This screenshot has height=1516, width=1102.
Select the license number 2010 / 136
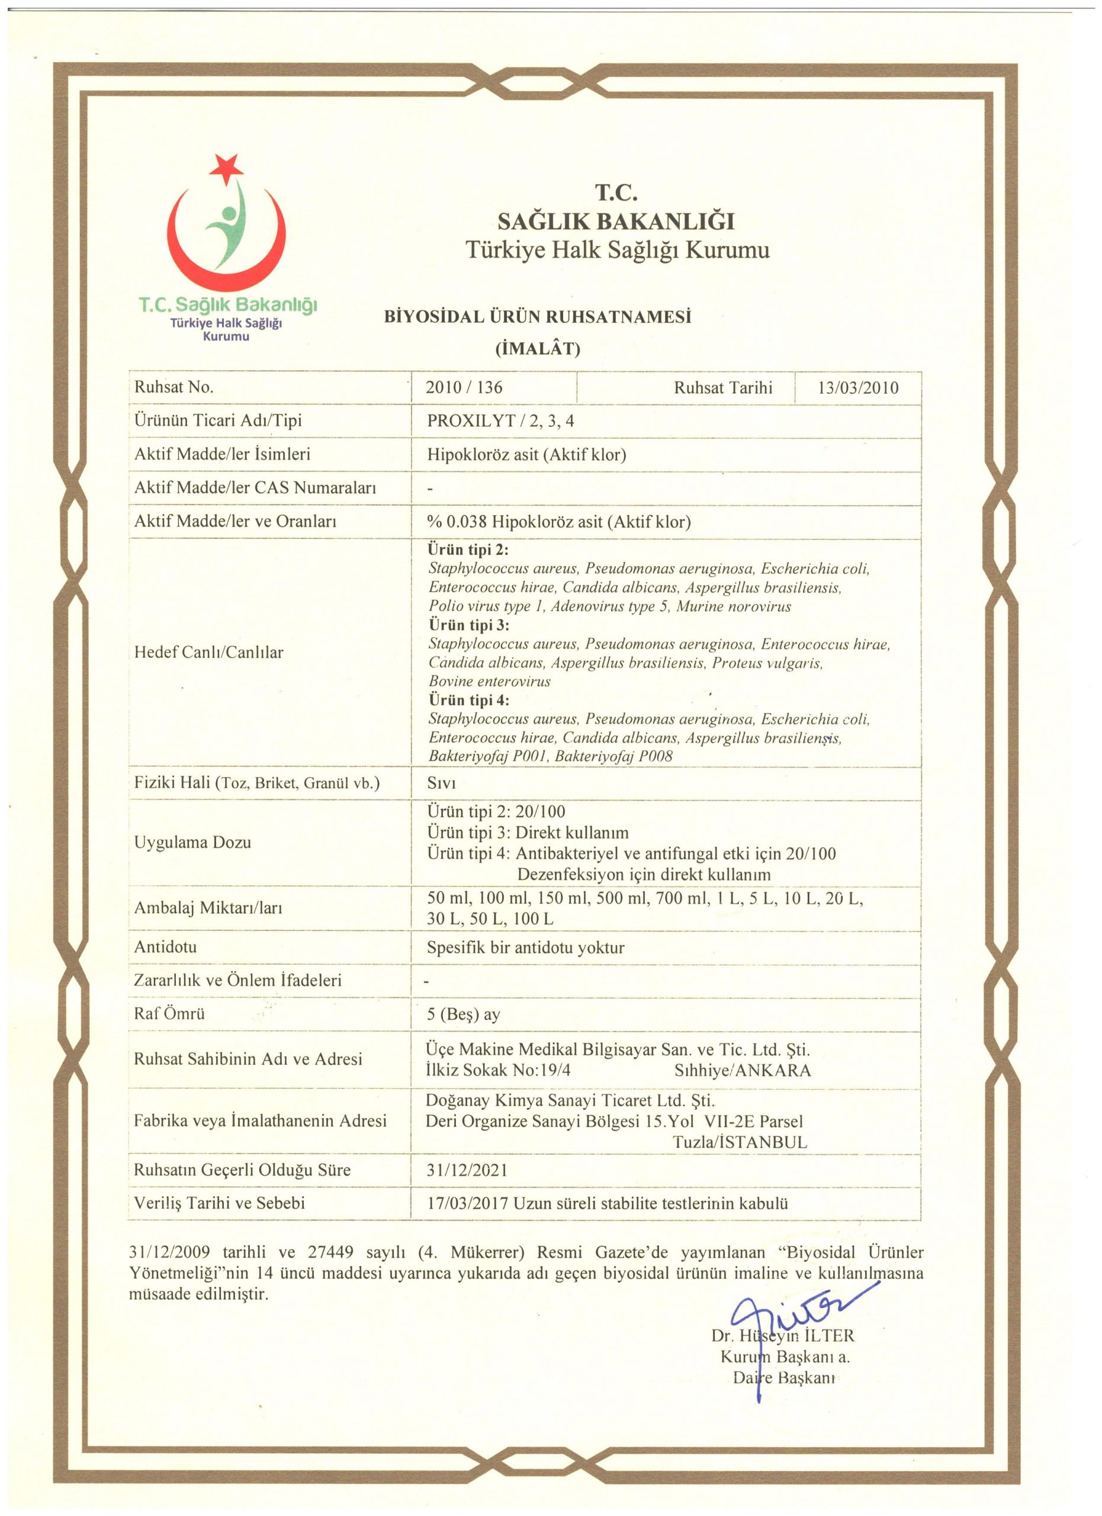point(464,388)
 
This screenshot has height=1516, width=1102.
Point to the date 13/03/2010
point(858,388)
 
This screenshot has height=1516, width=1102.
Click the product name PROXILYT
point(471,421)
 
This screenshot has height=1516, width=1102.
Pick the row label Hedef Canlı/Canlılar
point(208,653)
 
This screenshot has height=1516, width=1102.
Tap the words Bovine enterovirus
point(489,682)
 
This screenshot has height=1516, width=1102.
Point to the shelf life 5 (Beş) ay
point(463,1014)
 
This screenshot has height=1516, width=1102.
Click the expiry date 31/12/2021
point(467,1170)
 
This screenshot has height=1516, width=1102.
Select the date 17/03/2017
point(468,1204)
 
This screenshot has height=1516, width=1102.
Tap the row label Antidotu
point(166,947)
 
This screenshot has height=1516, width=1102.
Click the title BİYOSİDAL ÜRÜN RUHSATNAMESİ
point(537,317)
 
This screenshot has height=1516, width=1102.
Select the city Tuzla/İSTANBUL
point(740,1142)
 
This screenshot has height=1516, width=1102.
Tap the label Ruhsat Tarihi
point(722,388)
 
